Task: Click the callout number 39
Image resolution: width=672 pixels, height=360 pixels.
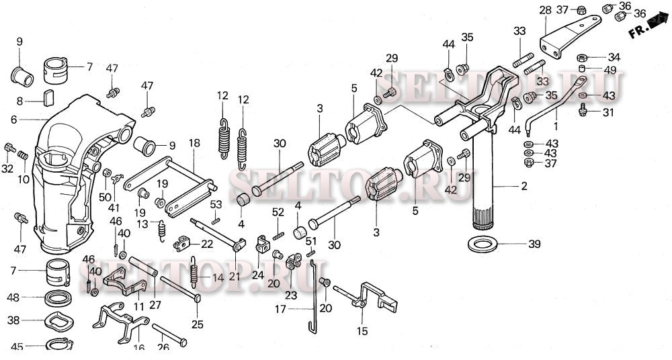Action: point(534,244)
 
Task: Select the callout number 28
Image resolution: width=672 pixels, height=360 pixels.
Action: point(545,10)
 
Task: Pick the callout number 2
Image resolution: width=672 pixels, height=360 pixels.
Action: point(524,185)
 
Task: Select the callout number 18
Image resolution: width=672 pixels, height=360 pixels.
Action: point(194,143)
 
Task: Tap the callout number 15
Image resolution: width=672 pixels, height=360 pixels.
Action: point(363,330)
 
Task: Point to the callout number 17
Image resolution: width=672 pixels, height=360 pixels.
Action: point(281,309)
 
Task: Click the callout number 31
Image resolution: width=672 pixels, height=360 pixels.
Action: point(607,112)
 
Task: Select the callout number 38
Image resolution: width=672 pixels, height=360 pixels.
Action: point(13,321)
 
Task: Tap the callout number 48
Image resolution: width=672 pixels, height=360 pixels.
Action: point(13,296)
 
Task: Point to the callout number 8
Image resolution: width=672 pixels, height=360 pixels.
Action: point(20,100)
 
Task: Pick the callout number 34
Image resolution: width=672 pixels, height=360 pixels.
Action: point(614,56)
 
